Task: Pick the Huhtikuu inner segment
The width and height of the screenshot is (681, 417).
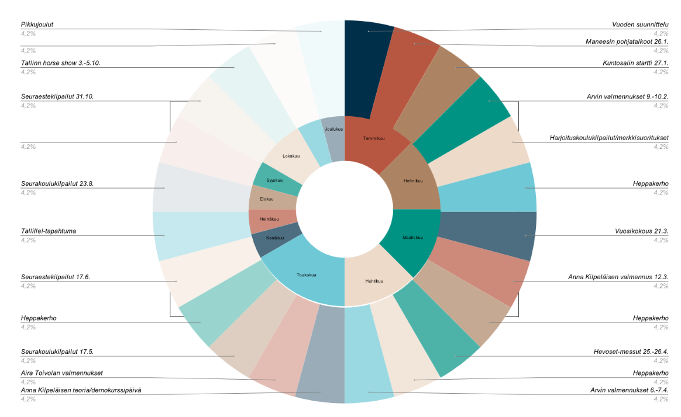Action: (374, 281)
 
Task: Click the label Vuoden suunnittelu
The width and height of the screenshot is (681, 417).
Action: (640, 25)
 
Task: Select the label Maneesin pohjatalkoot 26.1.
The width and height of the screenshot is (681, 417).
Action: (627, 41)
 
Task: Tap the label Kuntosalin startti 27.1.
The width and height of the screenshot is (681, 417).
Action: (634, 62)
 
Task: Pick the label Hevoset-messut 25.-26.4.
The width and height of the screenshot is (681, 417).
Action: (631, 352)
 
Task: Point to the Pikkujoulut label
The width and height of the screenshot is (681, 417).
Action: (41, 25)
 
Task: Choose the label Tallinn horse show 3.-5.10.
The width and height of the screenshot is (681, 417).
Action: (60, 62)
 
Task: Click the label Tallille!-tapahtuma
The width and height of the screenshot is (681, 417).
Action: (48, 231)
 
